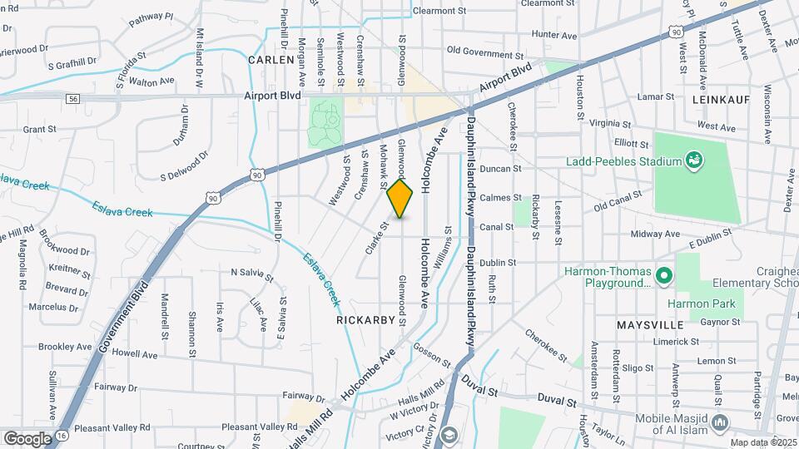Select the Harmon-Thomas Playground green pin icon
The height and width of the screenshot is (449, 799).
[x=663, y=275]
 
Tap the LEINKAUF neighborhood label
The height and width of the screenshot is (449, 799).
[x=721, y=99]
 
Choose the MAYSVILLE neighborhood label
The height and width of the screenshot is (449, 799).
[x=650, y=322]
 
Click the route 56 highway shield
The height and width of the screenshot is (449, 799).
[x=74, y=98]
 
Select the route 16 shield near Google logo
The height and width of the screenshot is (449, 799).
[x=62, y=436]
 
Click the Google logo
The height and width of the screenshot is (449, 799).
[x=27, y=438]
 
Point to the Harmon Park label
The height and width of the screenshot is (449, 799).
[x=703, y=303]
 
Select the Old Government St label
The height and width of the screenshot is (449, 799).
[x=489, y=50]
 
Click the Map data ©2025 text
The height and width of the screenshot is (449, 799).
[x=761, y=442]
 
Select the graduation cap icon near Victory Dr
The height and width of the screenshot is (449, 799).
[x=450, y=434]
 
